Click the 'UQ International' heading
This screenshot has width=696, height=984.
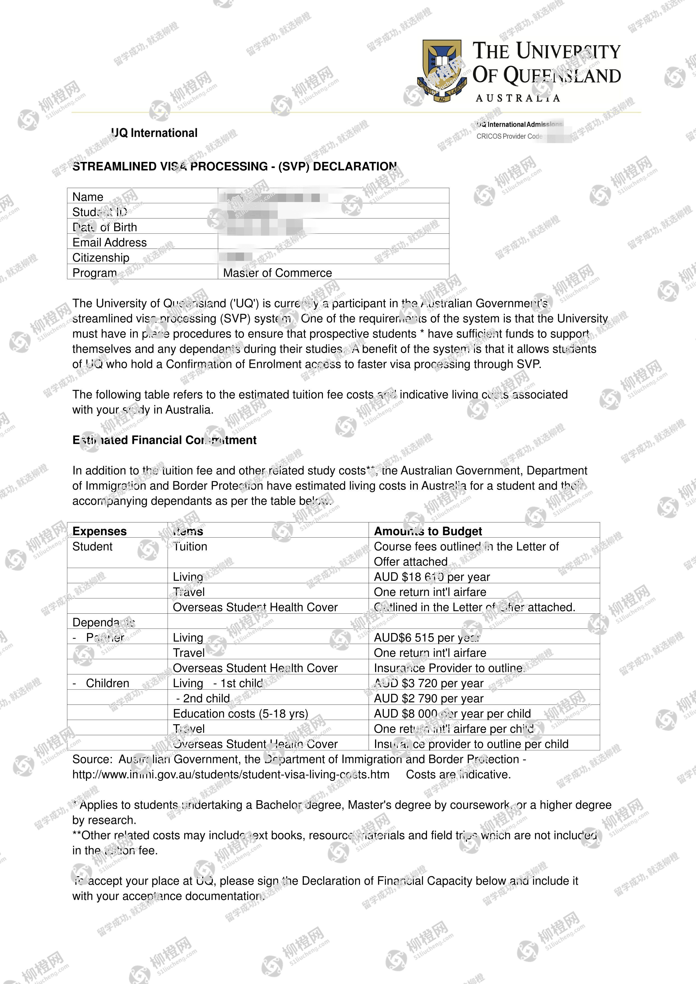[x=154, y=133]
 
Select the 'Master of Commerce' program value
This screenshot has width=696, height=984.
[x=277, y=273]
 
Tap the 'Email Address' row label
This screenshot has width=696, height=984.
[x=109, y=243]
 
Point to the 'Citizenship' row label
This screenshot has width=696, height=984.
[x=101, y=258]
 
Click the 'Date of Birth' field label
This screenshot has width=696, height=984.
[x=105, y=227]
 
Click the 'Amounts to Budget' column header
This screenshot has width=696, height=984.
[x=428, y=531]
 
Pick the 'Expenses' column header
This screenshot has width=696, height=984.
[x=99, y=531]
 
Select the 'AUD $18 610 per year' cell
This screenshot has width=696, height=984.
[x=431, y=577]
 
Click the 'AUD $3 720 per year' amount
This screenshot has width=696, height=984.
[x=429, y=683]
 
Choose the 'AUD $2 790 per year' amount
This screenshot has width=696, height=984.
[x=429, y=699]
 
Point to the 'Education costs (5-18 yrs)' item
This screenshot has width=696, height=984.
[x=240, y=714]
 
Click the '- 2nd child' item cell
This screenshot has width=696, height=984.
[x=203, y=699]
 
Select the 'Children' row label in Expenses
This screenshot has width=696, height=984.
[x=107, y=683]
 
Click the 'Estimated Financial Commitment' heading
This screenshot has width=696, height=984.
[x=164, y=440]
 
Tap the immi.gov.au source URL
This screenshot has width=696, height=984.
[x=231, y=774]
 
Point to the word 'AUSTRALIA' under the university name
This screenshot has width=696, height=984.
[x=518, y=98]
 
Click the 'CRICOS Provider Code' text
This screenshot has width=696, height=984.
[x=509, y=136]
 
